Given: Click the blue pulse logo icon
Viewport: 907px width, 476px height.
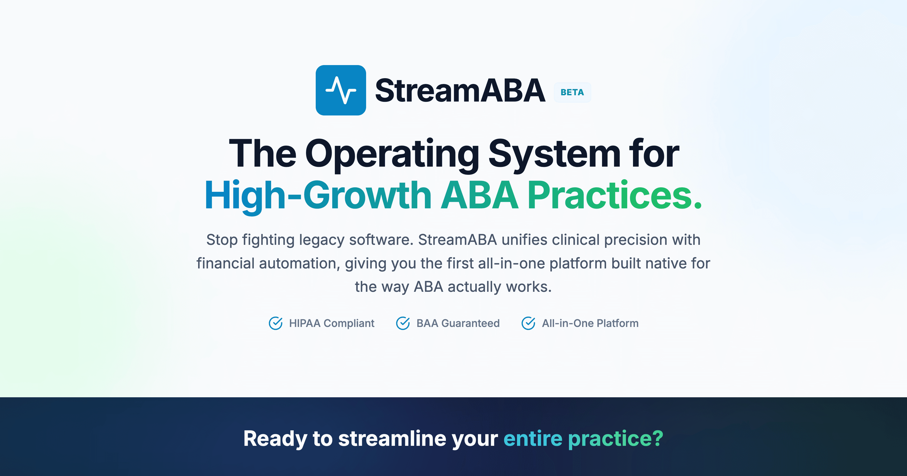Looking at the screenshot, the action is coord(340,90).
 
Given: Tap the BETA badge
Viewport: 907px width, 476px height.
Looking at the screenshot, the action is coord(572,92).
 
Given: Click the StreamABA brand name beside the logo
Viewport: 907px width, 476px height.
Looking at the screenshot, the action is coord(460,91).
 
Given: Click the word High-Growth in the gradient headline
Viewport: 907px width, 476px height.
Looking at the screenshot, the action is coord(318,196).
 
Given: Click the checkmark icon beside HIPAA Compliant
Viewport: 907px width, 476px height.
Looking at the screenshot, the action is coord(275,323).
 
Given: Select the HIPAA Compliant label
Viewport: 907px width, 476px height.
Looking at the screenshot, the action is coord(332,323).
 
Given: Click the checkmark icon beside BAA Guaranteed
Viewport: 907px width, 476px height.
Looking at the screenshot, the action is coord(403,323).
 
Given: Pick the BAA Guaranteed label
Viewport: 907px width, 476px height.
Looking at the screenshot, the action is coord(458,323).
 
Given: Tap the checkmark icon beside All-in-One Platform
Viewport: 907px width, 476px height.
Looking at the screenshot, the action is coord(528,323).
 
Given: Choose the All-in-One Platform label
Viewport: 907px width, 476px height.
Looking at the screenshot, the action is coord(590,323).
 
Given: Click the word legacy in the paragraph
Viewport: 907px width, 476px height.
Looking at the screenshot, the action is coord(321,240).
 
